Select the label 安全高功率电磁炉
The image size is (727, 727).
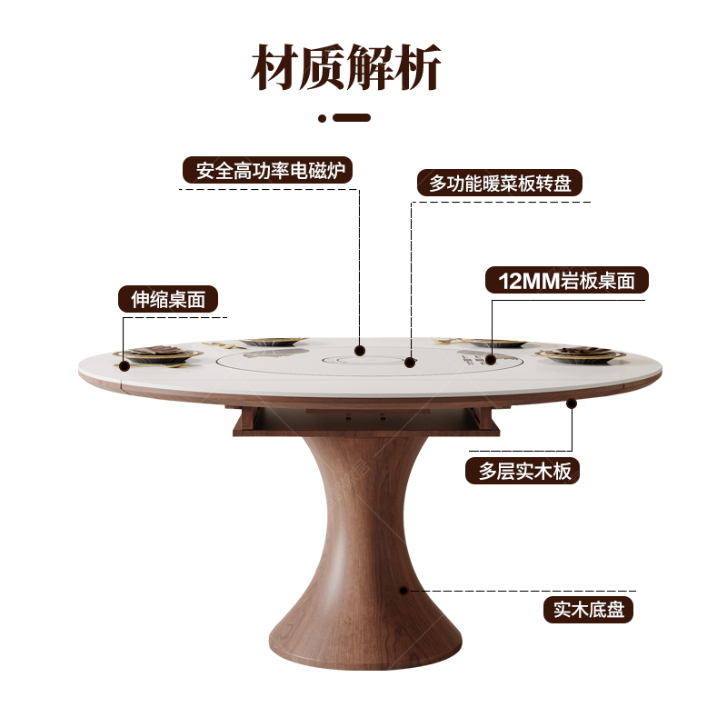point(267,171)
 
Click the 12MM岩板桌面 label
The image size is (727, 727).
point(566,280)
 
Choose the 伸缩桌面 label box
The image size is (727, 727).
point(168,300)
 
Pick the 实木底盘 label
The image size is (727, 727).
point(588,609)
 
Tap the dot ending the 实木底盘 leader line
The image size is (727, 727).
point(403,590)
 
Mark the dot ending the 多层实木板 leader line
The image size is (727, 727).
point(572,402)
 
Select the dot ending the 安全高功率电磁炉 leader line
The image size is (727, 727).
point(360,349)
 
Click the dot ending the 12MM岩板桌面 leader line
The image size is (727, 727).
point(491,360)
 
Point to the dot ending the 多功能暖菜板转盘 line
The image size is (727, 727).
point(410,363)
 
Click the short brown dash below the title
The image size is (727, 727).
point(352,117)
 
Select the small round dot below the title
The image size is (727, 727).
point(322,117)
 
